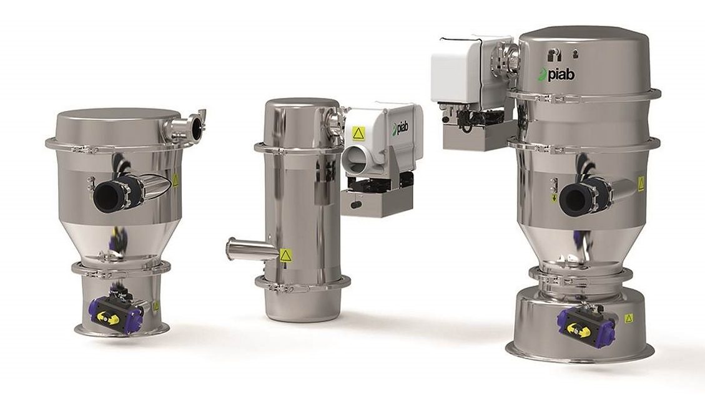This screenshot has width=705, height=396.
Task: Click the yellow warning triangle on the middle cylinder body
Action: [x=286, y=255]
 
